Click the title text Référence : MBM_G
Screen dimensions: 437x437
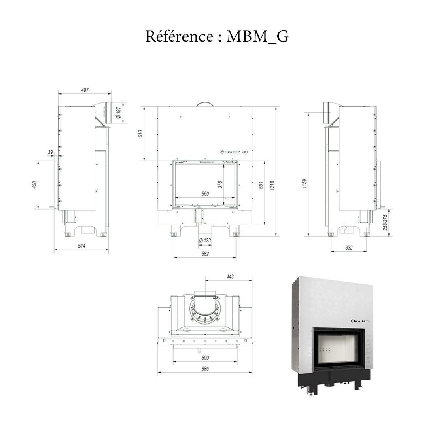217,36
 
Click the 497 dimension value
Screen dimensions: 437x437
85,90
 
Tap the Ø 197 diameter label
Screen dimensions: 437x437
118,113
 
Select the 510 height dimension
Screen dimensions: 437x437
140,134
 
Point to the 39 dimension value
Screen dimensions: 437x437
51,152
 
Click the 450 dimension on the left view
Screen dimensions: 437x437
35,185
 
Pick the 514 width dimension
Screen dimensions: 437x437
82,246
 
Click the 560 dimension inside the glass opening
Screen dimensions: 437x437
205,194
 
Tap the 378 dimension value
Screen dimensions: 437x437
220,185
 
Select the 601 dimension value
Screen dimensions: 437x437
261,185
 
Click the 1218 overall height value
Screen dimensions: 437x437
272,185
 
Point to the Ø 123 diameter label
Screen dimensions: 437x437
205,240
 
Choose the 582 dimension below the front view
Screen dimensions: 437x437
205,254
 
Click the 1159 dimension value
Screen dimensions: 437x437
305,183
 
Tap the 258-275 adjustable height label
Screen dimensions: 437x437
385,223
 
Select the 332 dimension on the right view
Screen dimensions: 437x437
349,248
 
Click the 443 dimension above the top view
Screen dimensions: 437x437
230,277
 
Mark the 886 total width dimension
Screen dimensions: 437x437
205,369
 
